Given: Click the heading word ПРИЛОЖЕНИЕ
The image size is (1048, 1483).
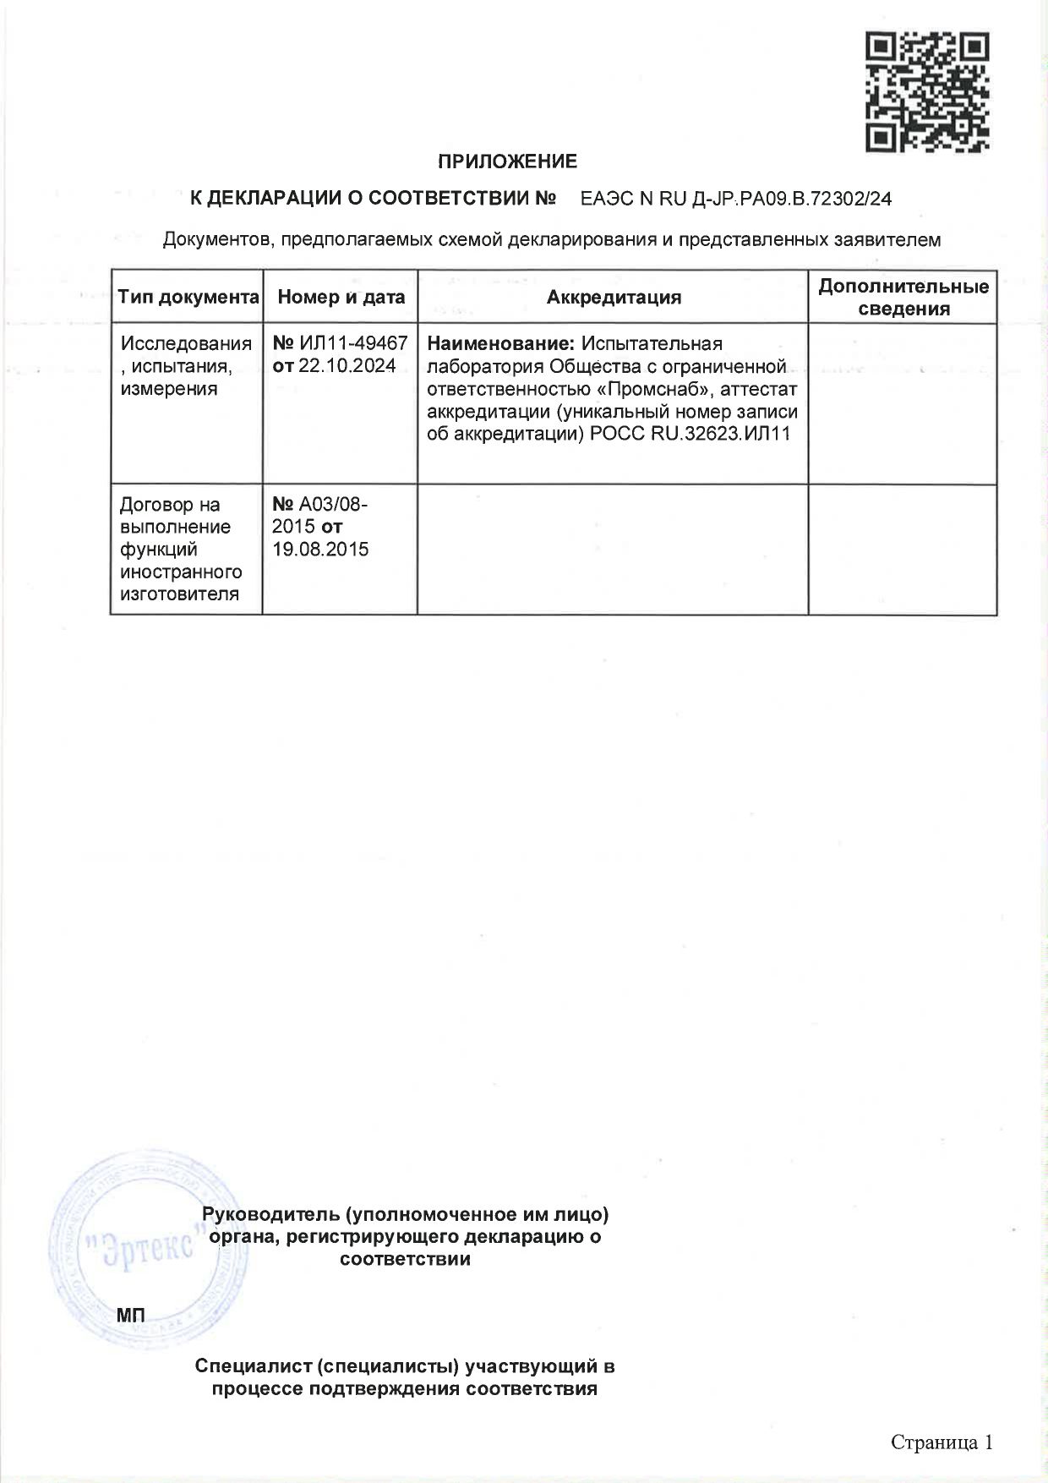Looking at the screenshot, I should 507,161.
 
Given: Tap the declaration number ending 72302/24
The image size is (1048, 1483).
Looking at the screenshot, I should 736,200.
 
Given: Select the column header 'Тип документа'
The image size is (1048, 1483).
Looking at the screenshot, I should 188,298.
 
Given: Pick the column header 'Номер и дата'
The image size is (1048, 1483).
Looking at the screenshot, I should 341,298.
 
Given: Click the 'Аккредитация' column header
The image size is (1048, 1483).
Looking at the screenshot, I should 614,298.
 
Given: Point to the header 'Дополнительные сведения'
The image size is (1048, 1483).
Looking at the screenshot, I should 903,298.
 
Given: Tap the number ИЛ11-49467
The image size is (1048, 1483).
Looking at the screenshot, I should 353,344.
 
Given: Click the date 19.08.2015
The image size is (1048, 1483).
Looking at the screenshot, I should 320,549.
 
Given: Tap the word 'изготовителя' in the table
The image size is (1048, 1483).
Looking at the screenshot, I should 178,594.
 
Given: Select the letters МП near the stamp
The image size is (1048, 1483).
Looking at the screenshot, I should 130,1315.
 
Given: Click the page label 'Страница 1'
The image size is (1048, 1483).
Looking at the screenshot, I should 941,1442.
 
